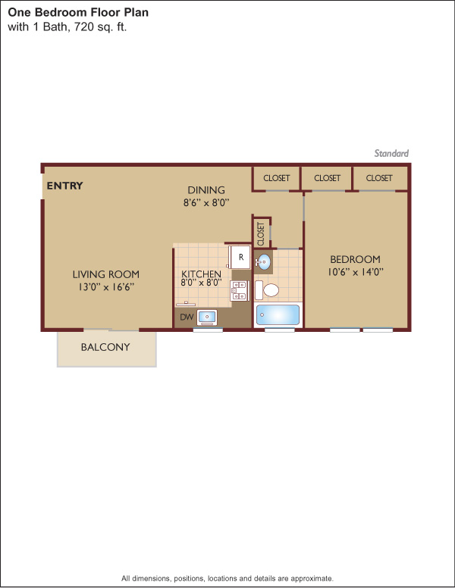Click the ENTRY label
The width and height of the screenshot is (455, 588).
point(64,186)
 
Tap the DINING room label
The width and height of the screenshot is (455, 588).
point(206,190)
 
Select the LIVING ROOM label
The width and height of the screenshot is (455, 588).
point(106,274)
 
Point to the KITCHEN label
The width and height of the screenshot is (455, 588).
point(201,274)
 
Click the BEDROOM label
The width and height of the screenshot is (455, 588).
point(355,259)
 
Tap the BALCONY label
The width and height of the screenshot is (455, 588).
point(105,347)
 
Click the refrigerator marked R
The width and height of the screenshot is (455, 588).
point(240,257)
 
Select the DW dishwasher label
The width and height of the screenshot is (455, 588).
point(187,317)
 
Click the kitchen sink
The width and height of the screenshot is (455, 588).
point(207,317)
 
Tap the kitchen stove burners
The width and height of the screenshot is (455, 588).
point(239,291)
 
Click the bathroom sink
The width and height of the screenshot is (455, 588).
point(264,261)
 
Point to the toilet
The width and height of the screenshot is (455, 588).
point(267,290)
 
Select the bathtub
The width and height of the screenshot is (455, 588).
point(278,315)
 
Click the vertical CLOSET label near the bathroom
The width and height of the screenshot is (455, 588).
point(261,234)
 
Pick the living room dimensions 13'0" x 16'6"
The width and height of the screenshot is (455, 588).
point(106,287)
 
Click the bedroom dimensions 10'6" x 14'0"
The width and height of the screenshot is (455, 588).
point(355,272)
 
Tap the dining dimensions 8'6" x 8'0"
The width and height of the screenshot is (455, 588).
point(206,203)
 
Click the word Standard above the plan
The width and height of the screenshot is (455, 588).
point(391,153)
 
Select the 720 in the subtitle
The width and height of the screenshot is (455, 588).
point(83,27)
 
